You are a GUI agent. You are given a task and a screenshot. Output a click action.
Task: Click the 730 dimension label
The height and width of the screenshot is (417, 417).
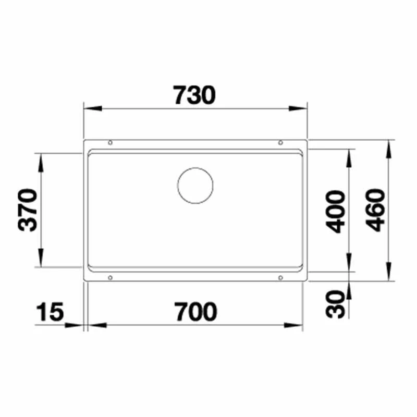(194, 95)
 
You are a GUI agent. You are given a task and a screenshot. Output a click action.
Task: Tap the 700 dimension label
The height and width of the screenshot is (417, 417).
(195, 311)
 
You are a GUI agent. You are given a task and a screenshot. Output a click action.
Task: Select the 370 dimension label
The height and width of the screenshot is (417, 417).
(28, 210)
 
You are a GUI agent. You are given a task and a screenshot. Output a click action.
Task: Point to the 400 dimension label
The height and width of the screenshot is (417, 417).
(335, 212)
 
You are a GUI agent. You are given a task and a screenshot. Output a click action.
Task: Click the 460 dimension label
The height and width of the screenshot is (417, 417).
(375, 210)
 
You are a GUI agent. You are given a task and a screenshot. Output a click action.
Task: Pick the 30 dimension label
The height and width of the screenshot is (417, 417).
(335, 304)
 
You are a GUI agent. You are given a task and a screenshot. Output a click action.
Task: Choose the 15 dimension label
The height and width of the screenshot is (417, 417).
(50, 311)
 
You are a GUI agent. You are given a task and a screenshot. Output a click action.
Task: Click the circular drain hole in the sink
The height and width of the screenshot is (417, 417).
(195, 186)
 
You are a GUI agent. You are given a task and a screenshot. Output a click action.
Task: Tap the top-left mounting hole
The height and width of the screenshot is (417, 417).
(110, 143)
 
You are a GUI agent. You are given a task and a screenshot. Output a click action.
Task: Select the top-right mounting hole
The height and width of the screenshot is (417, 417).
(280, 143)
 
